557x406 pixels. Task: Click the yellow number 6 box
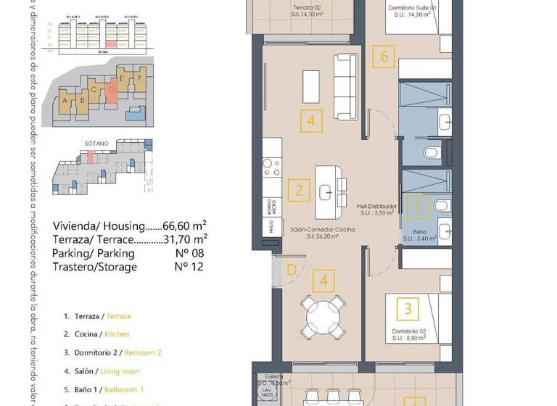coord(385,55)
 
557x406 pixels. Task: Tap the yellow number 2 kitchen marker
coord(298,191)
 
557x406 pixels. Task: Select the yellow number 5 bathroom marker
coord(416,207)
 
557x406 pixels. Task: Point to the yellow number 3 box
coord(408,309)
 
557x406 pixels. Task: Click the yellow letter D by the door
coord(291,270)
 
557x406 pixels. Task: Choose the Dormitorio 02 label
coord(408,331)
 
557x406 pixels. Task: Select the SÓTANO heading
coord(95,144)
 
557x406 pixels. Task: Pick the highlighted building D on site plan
coord(112,92)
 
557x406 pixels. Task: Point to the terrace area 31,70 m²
coord(185,239)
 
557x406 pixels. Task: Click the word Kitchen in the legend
coord(117,334)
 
